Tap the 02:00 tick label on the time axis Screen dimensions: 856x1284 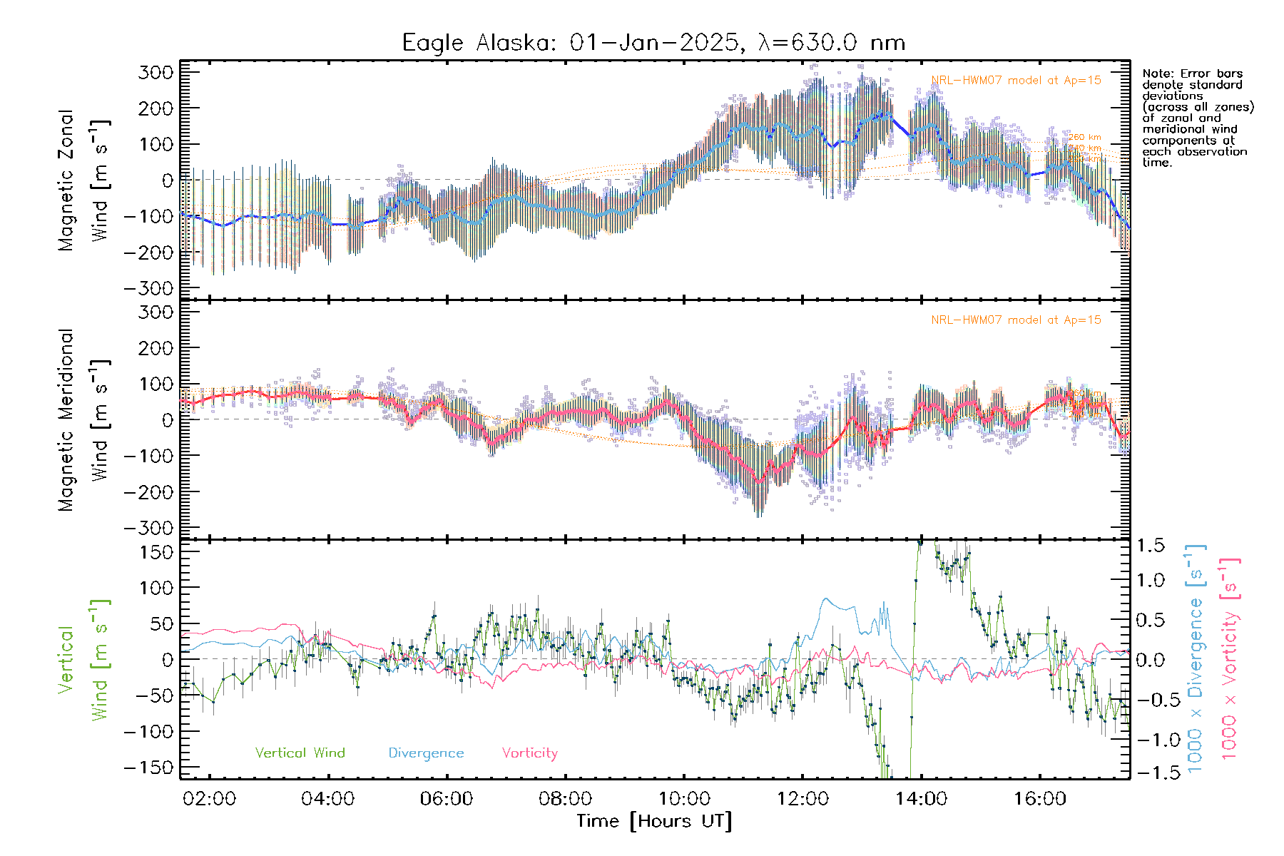[209, 799]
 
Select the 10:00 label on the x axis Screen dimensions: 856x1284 [683, 799]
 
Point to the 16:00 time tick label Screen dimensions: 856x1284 [1039, 799]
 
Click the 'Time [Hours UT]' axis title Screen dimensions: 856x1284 [653, 821]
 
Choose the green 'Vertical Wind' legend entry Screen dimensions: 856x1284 [300, 753]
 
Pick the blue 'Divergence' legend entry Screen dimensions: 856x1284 [426, 753]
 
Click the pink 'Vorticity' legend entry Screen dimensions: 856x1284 [529, 753]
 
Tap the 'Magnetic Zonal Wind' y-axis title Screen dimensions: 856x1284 [83, 180]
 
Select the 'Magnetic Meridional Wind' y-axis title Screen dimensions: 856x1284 [83, 420]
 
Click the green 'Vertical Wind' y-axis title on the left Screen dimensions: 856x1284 [83, 660]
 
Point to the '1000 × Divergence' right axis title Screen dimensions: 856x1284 [1195, 659]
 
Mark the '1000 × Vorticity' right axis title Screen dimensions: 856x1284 [1229, 659]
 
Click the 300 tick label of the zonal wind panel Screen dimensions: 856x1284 [156, 72]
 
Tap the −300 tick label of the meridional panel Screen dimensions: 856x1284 [149, 528]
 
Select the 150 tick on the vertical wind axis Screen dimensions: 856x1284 [156, 552]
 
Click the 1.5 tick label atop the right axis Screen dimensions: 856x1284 [1150, 546]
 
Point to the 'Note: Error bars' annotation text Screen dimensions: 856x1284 [1193, 73]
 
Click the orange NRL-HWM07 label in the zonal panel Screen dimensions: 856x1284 [1016, 81]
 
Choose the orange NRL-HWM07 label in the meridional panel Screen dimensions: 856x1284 [1016, 320]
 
